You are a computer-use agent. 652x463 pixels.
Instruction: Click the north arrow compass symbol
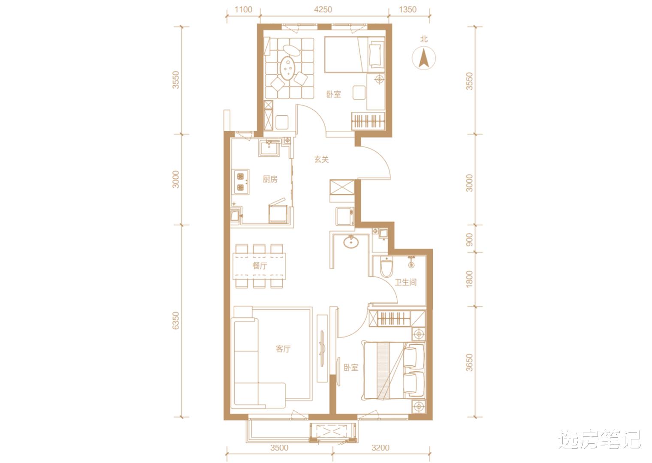pos(423,57)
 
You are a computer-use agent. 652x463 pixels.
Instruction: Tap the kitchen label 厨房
pos(270,179)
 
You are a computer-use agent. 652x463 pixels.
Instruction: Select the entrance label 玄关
pos(321,159)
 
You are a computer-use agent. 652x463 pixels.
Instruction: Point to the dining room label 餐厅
pos(260,265)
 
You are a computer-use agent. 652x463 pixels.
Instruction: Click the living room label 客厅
pos(283,349)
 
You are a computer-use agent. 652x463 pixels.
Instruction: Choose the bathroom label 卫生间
pos(405,282)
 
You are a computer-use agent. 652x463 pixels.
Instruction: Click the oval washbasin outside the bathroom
pos(351,241)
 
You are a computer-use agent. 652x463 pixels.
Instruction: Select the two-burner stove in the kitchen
pos(240,182)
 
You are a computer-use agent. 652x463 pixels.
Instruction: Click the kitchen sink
pos(269,148)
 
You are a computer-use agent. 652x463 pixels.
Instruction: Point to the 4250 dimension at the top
pos(323,9)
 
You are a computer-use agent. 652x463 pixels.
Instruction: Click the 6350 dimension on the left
pos(176,321)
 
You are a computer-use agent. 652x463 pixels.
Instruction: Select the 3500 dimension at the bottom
pos(279,448)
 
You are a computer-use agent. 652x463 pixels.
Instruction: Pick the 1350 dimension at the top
pos(407,9)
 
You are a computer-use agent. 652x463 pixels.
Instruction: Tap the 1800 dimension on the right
pos(469,279)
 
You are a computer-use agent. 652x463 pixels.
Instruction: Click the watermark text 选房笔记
pos(600,439)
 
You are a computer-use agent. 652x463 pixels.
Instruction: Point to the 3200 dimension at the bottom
pos(380,448)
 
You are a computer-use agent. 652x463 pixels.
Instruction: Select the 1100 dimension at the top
pos(243,9)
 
